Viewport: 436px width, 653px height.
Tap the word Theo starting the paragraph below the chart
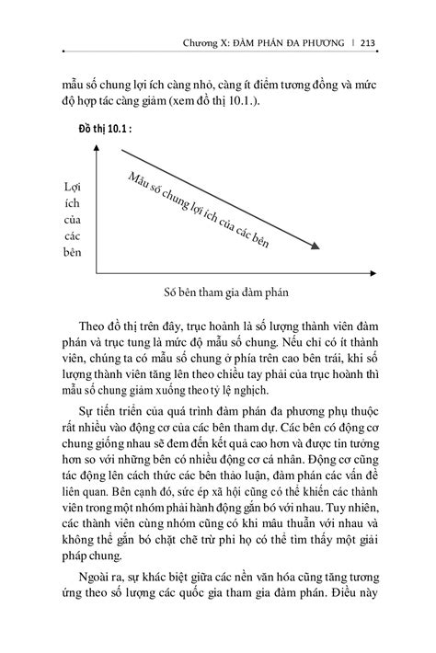94,327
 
